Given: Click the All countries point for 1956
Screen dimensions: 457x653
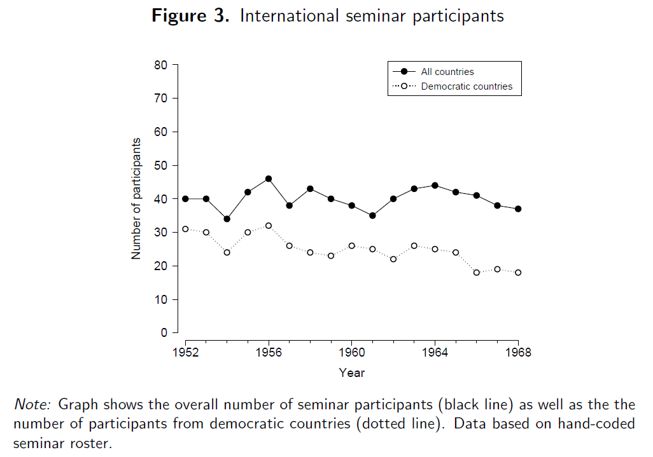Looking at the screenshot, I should (x=269, y=179).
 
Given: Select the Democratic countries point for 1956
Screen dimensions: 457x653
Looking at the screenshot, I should (x=269, y=226).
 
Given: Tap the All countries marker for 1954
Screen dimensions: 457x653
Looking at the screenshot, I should (x=227, y=219).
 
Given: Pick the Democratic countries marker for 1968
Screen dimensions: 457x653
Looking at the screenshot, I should (x=518, y=273).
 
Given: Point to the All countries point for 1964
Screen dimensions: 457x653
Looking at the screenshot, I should (x=435, y=186).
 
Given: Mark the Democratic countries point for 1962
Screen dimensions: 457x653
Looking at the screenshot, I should (x=393, y=259).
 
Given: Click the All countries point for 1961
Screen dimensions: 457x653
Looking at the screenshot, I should (x=372, y=215).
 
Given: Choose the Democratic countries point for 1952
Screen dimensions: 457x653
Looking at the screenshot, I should (x=185, y=229).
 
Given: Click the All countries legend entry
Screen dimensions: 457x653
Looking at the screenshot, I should (x=447, y=72).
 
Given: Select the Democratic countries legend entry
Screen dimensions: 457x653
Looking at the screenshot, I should (x=466, y=86).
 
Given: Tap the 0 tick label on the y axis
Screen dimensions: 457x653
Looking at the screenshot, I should (x=164, y=332).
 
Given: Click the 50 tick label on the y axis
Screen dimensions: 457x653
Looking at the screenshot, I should (x=160, y=165).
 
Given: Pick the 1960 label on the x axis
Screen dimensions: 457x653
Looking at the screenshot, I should (x=352, y=352).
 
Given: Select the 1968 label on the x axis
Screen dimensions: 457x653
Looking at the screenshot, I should (x=518, y=352).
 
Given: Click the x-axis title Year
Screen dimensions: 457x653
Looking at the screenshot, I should (x=351, y=373).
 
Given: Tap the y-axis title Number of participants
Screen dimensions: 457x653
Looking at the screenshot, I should (x=136, y=198).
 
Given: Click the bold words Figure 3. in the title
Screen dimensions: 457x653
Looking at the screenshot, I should (x=190, y=16).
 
